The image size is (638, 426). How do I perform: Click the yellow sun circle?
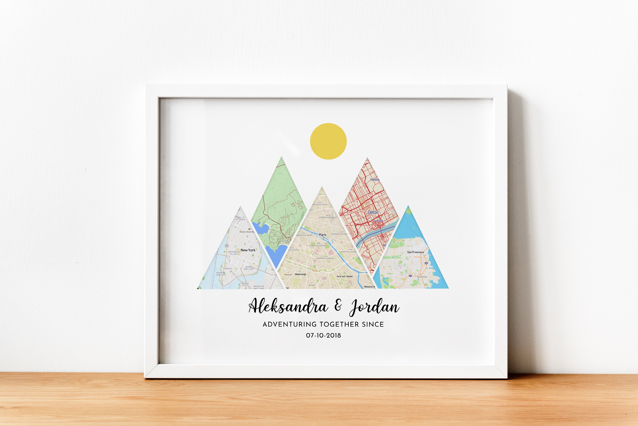328,141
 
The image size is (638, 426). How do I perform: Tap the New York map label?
248,250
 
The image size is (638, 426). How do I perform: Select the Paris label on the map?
323,235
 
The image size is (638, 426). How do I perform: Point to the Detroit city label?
373,212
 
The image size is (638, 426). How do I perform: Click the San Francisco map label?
415,252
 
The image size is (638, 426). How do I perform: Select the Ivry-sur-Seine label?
345,276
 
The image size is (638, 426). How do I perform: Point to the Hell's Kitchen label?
240,218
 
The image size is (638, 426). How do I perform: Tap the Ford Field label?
378,221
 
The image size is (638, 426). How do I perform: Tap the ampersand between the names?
338,306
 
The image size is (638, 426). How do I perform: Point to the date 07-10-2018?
323,336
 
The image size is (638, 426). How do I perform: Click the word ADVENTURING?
289,324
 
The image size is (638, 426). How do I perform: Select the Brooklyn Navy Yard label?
259,287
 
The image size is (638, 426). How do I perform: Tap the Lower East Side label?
248,268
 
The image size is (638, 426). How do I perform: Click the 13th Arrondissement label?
325,257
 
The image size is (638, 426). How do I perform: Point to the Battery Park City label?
221,274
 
